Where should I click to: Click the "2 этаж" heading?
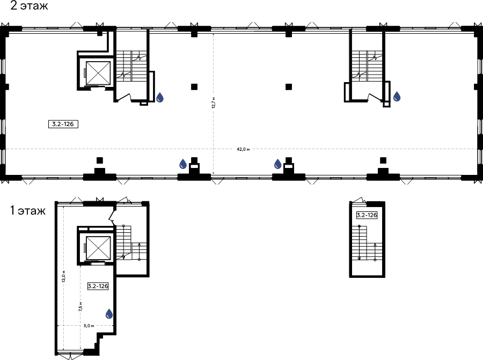tap(29, 5)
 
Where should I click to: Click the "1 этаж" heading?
tap(28, 211)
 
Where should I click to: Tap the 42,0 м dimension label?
tap(243, 149)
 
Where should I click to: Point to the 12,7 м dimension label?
tap(214, 103)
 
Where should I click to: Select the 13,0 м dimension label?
tap(64, 276)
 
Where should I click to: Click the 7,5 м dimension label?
tap(80, 307)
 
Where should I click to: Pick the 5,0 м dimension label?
tap(89, 326)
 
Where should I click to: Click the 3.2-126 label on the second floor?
tap(63, 124)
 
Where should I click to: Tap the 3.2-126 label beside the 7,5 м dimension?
tap(98, 286)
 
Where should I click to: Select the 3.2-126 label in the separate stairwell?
tap(367, 215)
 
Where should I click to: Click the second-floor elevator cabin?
tap(98, 73)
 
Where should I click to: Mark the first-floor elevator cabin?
tap(98, 248)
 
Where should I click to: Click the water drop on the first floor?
tap(109, 314)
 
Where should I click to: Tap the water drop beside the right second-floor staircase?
tap(397, 97)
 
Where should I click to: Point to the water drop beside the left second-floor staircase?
tap(160, 97)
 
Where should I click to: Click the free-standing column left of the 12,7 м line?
tap(194, 87)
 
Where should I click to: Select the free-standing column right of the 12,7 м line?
tap(289, 87)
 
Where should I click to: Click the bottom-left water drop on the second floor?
tap(183, 164)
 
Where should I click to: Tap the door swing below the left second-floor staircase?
tap(125, 97)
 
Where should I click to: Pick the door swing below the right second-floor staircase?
tap(376, 97)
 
